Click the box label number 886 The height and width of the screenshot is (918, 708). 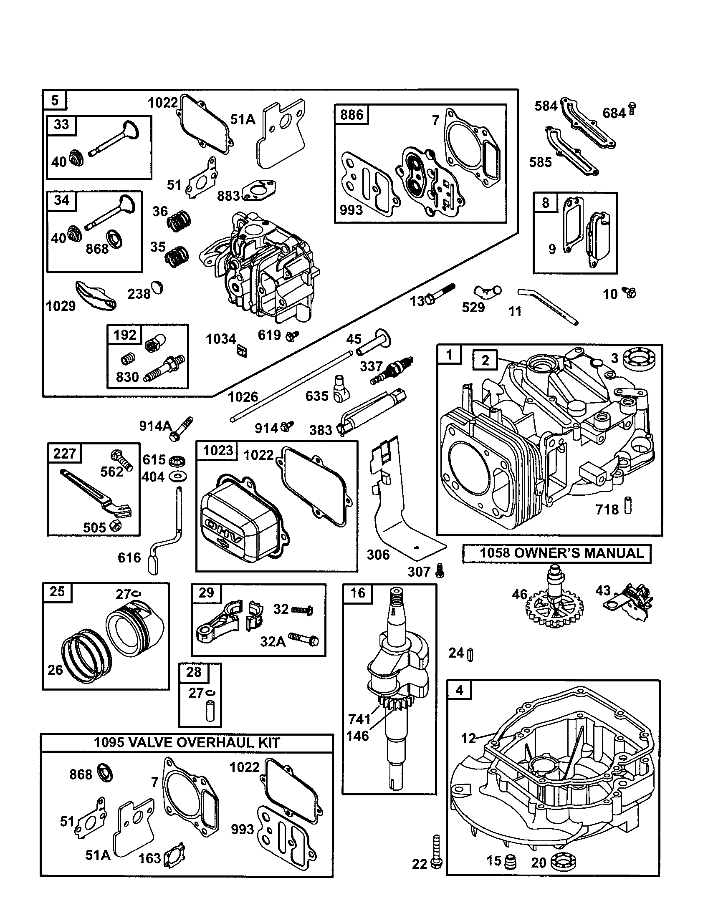coord(351,114)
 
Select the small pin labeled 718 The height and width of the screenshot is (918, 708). coord(628,506)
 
